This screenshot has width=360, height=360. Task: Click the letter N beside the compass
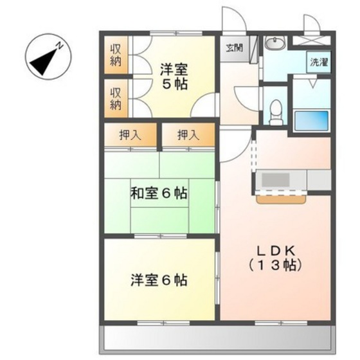[x=59, y=45]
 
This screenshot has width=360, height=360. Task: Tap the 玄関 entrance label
[x=233, y=47]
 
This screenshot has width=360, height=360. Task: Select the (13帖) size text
[x=276, y=264]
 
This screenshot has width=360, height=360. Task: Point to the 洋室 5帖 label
[x=174, y=76]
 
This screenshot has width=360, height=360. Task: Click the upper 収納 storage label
[x=116, y=56]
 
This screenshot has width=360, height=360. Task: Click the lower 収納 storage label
[x=116, y=97]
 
